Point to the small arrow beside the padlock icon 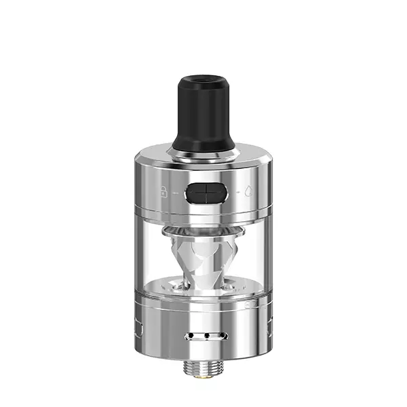click(x=176, y=193)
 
